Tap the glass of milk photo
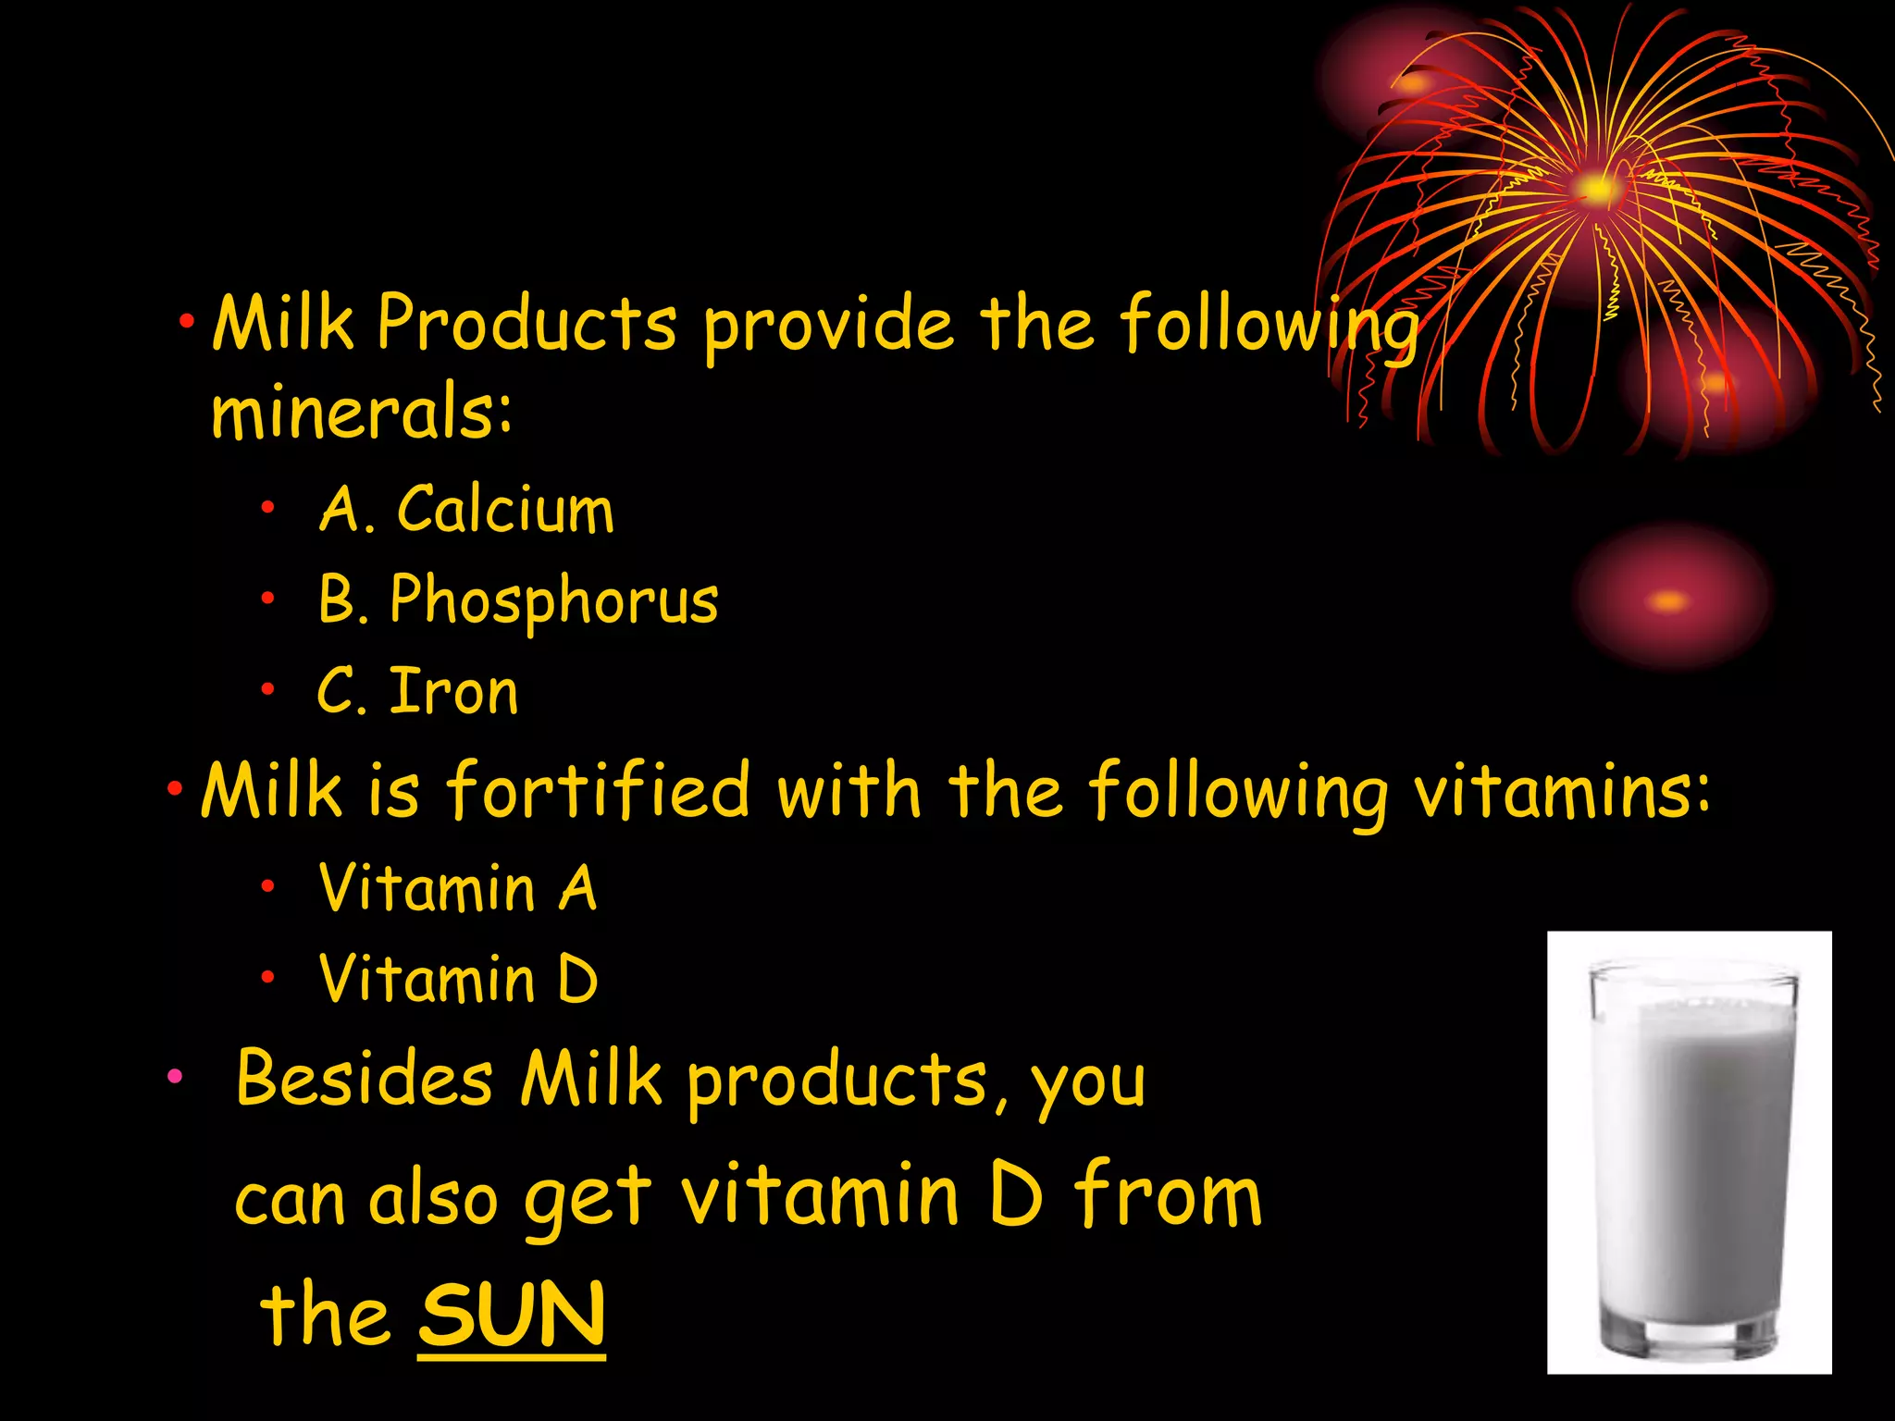click(x=1689, y=1152)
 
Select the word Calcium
click(x=505, y=510)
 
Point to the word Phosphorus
click(x=553, y=601)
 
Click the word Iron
click(x=453, y=692)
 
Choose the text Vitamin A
click(x=457, y=888)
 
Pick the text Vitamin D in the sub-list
click(x=458, y=980)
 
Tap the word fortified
click(x=598, y=792)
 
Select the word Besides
click(x=365, y=1079)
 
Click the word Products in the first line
click(x=526, y=324)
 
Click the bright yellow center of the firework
click(x=1596, y=190)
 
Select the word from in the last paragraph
click(x=1168, y=1196)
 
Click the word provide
click(x=828, y=326)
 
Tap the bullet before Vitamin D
click(x=267, y=977)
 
